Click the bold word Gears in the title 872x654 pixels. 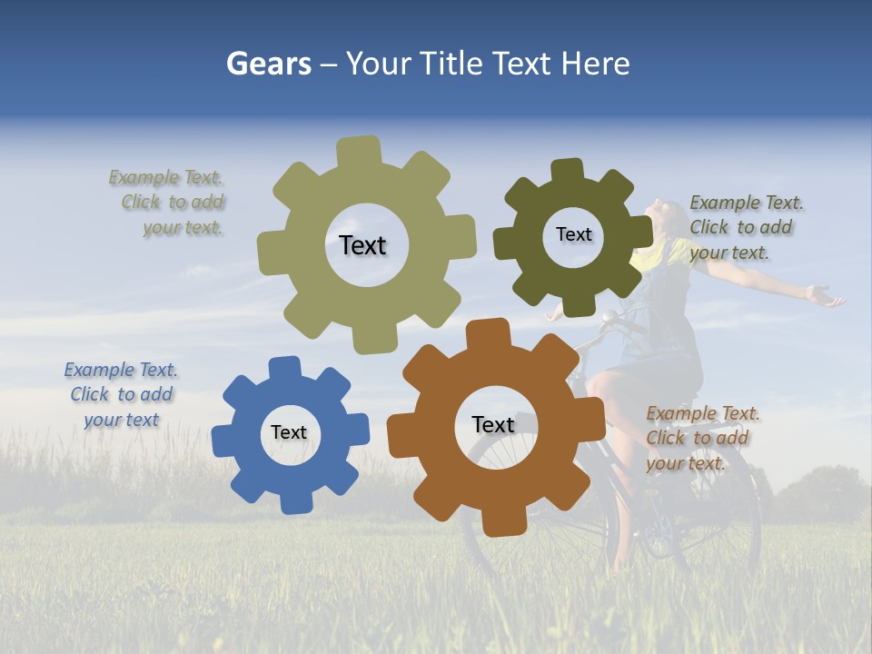tap(268, 64)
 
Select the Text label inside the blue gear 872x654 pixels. tap(289, 433)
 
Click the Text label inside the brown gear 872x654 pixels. tap(493, 425)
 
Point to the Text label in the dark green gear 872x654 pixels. tap(573, 235)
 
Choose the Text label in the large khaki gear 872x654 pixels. tap(362, 245)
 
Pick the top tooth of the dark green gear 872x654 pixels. tap(568, 170)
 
